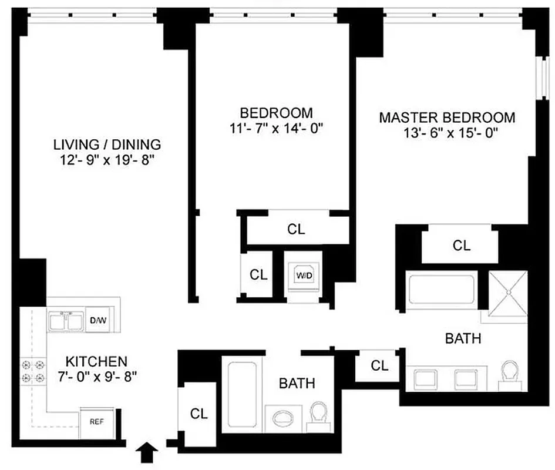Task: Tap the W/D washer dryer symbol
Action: point(303,274)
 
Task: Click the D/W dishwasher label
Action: point(97,321)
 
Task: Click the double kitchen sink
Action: point(66,321)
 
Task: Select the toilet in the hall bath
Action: point(319,414)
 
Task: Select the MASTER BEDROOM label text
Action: point(446,117)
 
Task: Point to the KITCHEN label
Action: point(96,360)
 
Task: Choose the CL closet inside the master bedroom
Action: point(462,246)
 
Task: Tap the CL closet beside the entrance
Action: point(199,414)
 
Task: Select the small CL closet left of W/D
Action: point(258,274)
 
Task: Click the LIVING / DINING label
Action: point(107,144)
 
